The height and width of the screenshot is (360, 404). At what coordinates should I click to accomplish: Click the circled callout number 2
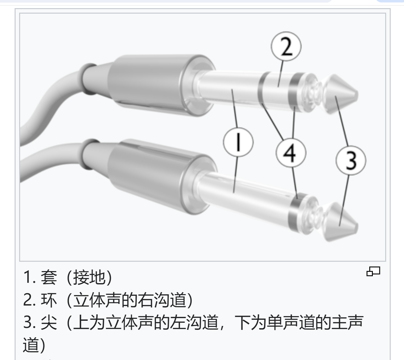click(286, 46)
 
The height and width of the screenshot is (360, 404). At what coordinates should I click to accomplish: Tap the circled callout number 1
click(238, 142)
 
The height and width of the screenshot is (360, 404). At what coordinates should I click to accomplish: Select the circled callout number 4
click(291, 153)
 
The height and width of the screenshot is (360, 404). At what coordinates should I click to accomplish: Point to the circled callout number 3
click(351, 161)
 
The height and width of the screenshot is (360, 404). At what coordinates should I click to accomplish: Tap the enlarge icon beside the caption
click(373, 271)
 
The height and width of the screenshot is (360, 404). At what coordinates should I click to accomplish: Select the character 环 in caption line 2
click(49, 300)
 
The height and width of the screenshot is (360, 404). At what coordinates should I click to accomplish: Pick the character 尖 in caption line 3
click(49, 322)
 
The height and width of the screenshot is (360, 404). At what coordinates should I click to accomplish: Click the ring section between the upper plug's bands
click(279, 89)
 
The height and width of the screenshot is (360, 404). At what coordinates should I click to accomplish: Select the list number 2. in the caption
click(30, 300)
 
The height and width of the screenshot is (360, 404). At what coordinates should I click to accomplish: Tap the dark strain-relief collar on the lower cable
click(90, 154)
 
